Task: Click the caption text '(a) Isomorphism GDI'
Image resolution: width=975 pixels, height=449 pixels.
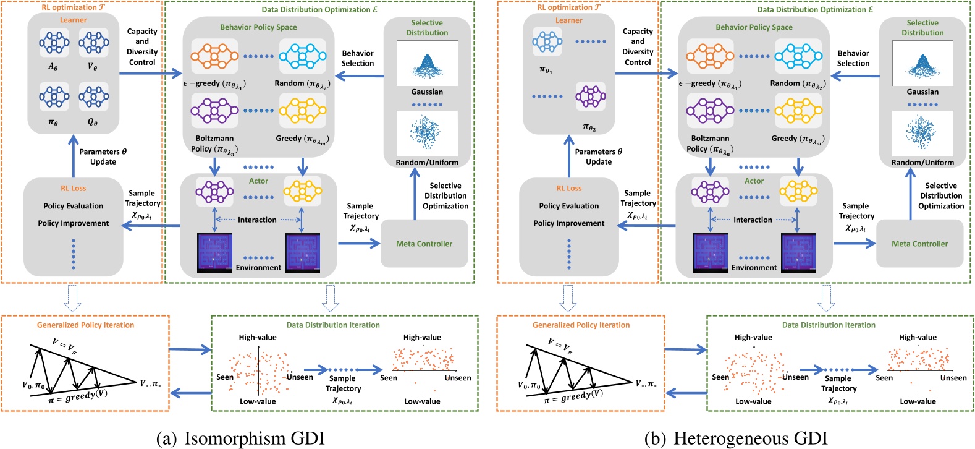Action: pyautogui.click(x=240, y=438)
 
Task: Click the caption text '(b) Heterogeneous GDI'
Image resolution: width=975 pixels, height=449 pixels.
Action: pyautogui.click(x=735, y=438)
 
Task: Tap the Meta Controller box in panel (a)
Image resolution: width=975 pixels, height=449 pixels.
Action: pyautogui.click(x=424, y=244)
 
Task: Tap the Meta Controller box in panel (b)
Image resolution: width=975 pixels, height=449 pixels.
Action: pyautogui.click(x=919, y=244)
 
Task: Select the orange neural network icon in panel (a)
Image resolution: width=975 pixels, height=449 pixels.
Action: pyautogui.click(x=214, y=56)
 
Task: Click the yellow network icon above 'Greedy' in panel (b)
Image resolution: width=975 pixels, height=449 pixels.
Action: pyautogui.click(x=798, y=111)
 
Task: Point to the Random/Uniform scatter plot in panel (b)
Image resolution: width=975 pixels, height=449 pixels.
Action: pyautogui.click(x=922, y=133)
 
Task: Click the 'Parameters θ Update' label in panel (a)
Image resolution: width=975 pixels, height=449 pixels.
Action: pyautogui.click(x=103, y=156)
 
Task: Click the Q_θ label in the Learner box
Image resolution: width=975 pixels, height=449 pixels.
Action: pyautogui.click(x=93, y=122)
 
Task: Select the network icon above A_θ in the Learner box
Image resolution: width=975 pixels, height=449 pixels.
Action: pyautogui.click(x=54, y=43)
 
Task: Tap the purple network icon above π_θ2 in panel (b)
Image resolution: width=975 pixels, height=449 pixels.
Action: pyautogui.click(x=590, y=96)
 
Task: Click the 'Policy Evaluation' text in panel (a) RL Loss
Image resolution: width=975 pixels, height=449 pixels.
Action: pyautogui.click(x=74, y=206)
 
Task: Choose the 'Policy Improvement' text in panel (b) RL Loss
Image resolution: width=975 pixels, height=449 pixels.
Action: pyautogui.click(x=569, y=223)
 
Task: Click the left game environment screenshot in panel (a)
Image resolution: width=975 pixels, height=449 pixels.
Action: pyautogui.click(x=214, y=252)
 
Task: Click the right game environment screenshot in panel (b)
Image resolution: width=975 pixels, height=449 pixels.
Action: pyautogui.click(x=798, y=252)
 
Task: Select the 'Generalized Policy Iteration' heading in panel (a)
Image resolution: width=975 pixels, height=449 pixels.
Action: pyautogui.click(x=85, y=325)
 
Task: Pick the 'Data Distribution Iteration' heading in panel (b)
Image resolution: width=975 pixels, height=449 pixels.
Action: pyautogui.click(x=829, y=325)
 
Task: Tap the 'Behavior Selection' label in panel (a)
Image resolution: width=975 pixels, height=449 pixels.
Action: pyautogui.click(x=358, y=58)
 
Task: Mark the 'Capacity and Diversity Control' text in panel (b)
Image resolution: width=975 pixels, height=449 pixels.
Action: pyautogui.click(x=638, y=47)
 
